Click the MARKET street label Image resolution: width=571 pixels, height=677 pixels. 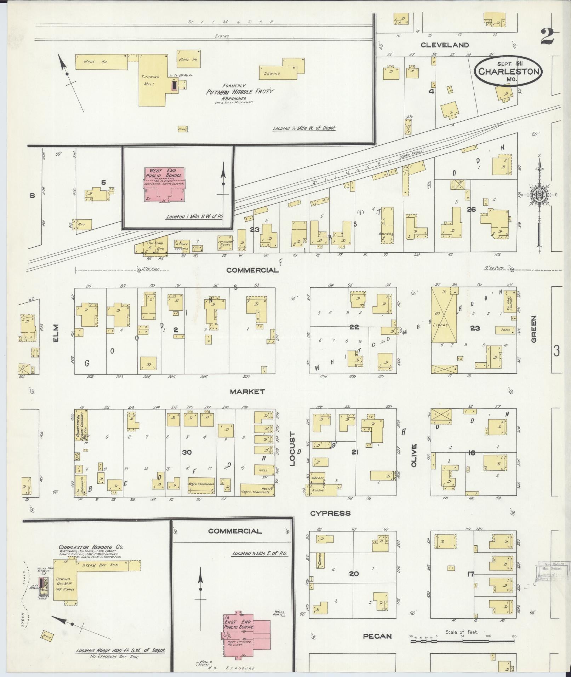click(x=247, y=392)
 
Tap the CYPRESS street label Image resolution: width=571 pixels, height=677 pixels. click(x=330, y=513)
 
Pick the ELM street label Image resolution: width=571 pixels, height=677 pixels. click(x=56, y=333)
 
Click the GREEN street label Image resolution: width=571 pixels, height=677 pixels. click(x=533, y=329)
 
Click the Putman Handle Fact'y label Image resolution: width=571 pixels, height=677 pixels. click(x=240, y=92)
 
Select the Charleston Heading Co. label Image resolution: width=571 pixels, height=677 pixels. click(x=91, y=547)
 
